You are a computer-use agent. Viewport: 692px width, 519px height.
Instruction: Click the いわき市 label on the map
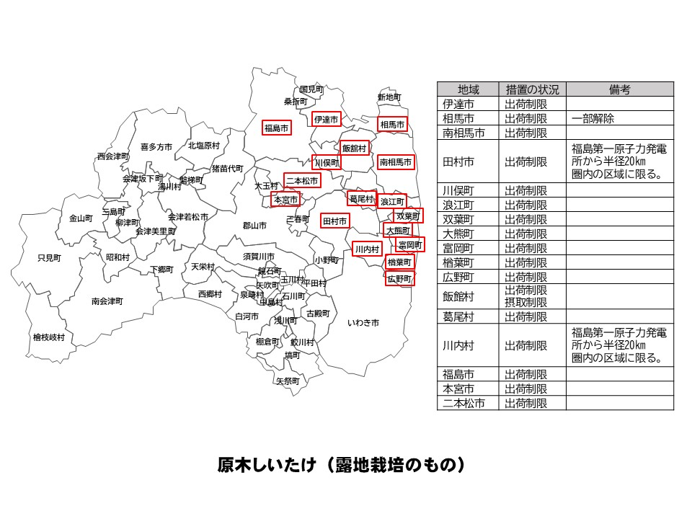click(363, 322)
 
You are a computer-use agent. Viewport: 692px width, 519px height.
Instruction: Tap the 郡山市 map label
click(254, 226)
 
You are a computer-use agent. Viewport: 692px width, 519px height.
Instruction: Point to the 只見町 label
click(50, 257)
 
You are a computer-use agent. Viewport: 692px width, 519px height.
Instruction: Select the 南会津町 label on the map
click(107, 301)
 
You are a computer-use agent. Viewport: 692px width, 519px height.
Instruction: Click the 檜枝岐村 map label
click(49, 337)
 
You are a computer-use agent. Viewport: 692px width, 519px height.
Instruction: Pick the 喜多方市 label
click(156, 146)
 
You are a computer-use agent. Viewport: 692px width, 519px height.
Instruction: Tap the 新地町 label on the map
click(389, 97)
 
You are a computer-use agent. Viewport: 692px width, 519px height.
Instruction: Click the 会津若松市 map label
click(188, 216)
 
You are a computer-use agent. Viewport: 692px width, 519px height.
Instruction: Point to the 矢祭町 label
click(288, 381)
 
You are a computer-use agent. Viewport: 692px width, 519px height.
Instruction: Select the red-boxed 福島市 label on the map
click(277, 128)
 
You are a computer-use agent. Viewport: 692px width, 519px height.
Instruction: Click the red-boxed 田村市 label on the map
click(334, 221)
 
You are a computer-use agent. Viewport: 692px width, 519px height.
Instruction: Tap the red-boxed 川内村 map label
click(367, 249)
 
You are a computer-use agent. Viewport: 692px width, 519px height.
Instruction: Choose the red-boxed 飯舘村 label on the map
click(355, 148)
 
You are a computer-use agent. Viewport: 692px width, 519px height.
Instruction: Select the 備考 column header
click(620, 89)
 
